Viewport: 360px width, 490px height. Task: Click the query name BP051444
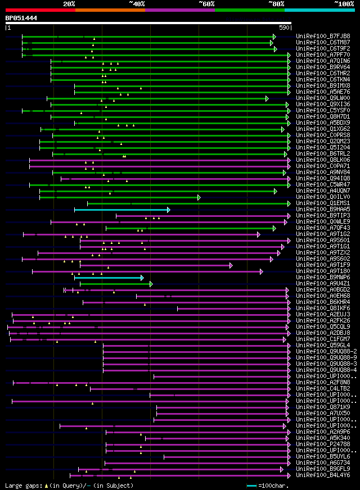click(x=21, y=18)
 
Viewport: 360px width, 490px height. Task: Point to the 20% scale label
click(x=69, y=3)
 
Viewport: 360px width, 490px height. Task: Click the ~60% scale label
click(x=206, y=3)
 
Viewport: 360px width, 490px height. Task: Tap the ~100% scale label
click(x=344, y=3)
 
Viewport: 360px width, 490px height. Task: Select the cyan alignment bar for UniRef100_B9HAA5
click(x=121, y=210)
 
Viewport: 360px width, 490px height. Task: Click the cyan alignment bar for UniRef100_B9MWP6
click(x=109, y=278)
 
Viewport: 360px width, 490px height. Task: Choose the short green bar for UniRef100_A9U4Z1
click(x=115, y=284)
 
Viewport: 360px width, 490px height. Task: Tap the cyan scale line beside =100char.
click(x=251, y=485)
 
